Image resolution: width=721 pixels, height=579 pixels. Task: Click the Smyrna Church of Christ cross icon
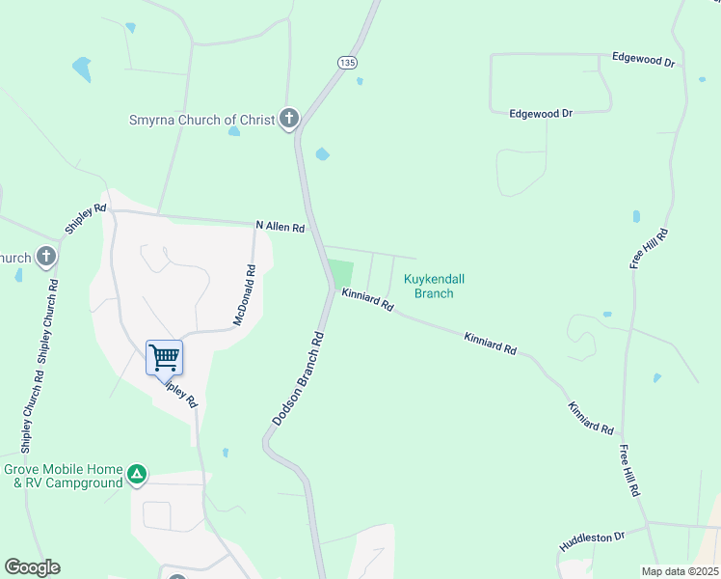point(288,120)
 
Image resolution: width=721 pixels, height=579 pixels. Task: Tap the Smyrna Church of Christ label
point(203,121)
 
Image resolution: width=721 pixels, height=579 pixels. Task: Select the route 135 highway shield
point(348,63)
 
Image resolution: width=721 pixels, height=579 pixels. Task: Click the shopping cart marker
point(165,358)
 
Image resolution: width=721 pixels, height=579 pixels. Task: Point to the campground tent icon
point(138,475)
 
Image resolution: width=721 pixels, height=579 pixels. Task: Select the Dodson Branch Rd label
point(296,379)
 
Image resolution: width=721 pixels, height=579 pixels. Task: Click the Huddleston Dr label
point(592,539)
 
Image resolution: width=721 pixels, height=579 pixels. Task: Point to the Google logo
point(32,567)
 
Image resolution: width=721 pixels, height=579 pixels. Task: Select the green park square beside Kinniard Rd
point(340,272)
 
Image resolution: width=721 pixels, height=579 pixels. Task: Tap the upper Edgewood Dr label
point(643,59)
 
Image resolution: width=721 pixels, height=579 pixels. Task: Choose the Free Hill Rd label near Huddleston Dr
point(630,471)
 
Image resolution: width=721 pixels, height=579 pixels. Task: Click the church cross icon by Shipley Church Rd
point(45,257)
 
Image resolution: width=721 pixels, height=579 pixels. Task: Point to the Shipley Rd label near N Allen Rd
point(86,218)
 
